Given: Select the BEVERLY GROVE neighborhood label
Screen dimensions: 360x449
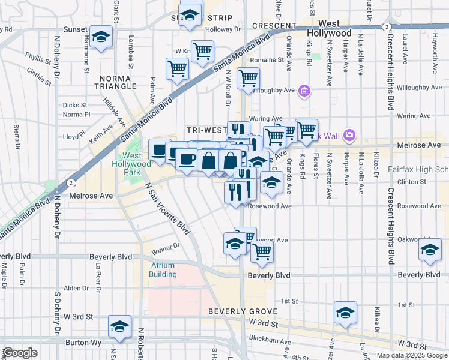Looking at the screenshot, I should (243, 311).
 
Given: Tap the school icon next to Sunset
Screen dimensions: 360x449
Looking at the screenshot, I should (101, 38).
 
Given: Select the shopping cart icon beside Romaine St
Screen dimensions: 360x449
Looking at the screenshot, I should (248, 79).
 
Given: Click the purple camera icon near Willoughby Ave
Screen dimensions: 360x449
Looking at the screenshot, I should (304, 91).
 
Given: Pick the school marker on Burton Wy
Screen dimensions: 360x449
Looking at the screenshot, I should (119, 327).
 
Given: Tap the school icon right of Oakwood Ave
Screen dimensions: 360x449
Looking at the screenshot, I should (430, 251).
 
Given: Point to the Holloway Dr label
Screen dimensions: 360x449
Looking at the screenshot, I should (222, 29).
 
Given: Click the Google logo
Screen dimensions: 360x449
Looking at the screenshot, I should (19, 353).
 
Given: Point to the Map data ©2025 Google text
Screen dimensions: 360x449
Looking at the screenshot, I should (411, 355).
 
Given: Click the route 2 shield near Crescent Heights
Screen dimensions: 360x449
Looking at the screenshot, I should (388, 27).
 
